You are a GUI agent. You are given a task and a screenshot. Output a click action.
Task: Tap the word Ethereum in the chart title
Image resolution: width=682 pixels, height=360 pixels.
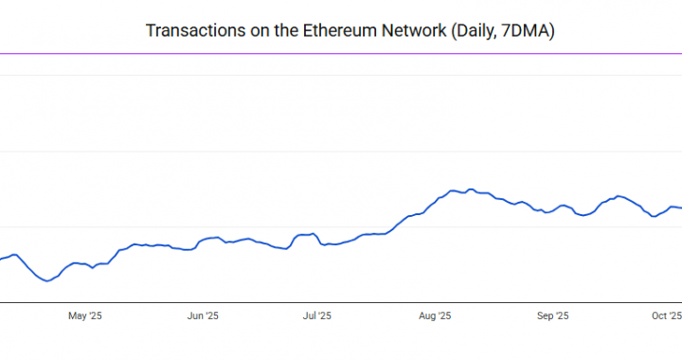click(x=341, y=31)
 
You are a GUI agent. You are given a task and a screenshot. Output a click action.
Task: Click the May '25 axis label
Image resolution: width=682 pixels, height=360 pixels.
click(x=85, y=315)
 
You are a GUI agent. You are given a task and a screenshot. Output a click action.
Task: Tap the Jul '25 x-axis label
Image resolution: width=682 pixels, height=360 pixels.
click(x=316, y=315)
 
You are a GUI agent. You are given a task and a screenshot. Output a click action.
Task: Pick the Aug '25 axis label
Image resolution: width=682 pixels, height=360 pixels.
click(x=434, y=315)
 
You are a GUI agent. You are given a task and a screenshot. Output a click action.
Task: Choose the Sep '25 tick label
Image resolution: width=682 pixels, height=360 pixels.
click(x=551, y=315)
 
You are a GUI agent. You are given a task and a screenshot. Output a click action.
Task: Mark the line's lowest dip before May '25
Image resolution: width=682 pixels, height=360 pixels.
click(x=45, y=281)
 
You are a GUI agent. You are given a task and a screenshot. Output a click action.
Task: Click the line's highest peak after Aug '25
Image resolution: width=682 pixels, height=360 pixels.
click(x=470, y=189)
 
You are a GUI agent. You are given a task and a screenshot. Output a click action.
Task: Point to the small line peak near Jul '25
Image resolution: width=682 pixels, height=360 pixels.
click(x=312, y=233)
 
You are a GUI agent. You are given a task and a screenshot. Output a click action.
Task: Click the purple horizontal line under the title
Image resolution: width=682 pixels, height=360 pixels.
click(x=341, y=54)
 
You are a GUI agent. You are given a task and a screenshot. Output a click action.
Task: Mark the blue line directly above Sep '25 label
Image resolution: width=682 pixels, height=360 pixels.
click(x=551, y=209)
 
